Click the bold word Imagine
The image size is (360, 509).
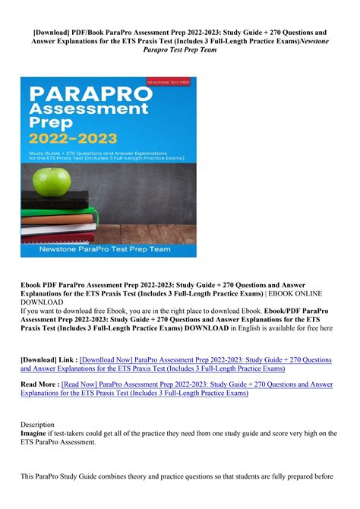pos(38,433)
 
